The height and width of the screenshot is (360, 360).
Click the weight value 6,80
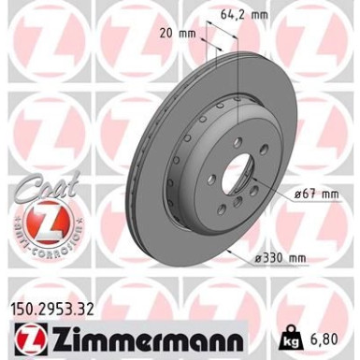click(336, 335)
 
